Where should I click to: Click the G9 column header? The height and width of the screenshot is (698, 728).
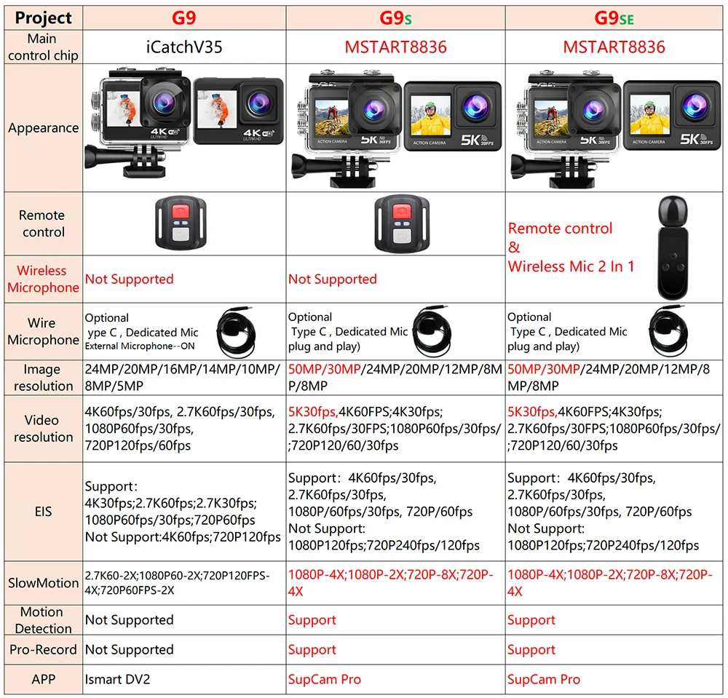coord(184,17)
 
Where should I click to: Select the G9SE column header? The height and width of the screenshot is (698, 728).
coord(614,17)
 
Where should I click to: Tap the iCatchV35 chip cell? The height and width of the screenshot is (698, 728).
coord(184,47)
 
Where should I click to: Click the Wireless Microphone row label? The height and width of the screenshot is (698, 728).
coord(43,279)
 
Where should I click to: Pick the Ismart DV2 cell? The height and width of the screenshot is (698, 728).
coord(116,679)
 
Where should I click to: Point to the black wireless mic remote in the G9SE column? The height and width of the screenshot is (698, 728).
coord(677,247)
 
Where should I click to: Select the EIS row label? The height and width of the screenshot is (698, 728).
coord(43,511)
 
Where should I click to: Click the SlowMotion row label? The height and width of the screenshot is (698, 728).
coord(43,583)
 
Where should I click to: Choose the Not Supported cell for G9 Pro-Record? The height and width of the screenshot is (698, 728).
coord(129,649)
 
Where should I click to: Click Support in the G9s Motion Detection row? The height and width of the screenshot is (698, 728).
coord(312,620)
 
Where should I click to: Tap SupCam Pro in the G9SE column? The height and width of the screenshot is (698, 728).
coord(544,679)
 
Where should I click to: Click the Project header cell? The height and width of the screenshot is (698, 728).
coord(43,17)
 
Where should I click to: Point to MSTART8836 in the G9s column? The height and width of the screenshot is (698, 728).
coord(395,47)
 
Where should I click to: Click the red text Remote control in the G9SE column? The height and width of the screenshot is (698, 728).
coord(560,229)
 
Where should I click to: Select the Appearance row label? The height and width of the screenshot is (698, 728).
coord(43,128)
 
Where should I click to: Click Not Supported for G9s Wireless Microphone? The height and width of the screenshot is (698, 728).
coord(333,279)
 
